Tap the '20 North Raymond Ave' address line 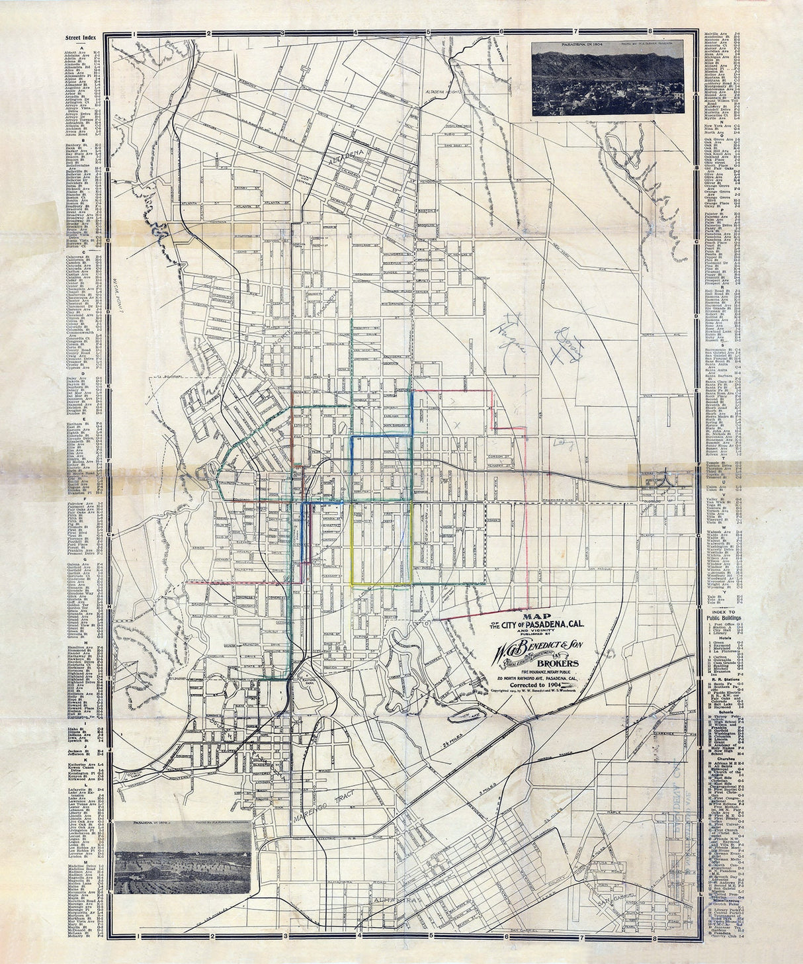coord(537,679)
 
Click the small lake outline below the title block coord(466,716)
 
